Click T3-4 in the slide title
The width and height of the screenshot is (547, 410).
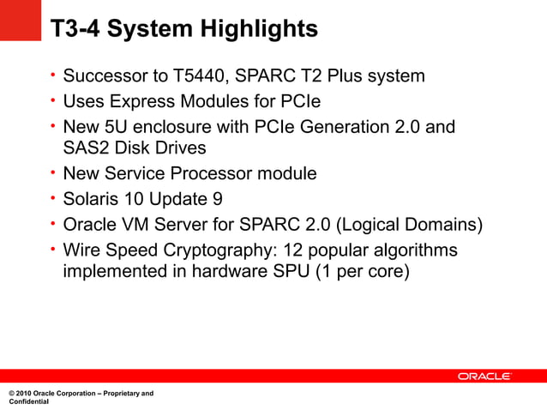tap(74, 29)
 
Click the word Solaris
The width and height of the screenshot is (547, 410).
tap(93, 199)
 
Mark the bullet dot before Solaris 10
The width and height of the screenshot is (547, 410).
tap(52, 198)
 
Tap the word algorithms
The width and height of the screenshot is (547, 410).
tap(417, 250)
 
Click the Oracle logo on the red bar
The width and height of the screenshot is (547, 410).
tap(484, 377)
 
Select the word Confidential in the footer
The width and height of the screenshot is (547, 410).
tap(29, 401)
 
